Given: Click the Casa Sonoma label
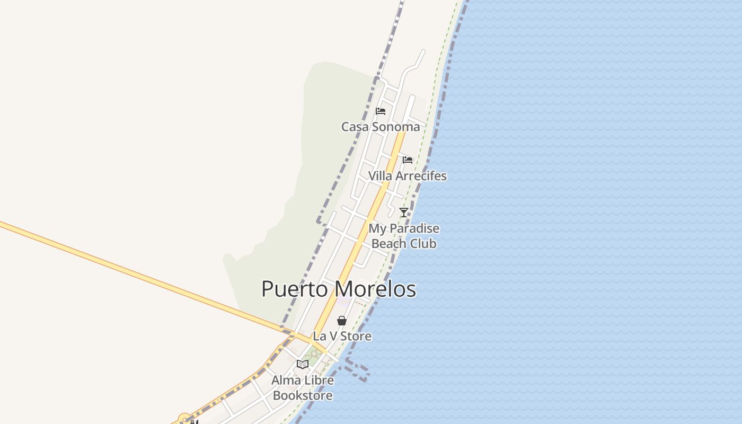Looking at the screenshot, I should (x=380, y=127).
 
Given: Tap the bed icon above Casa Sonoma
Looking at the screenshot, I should (x=381, y=111).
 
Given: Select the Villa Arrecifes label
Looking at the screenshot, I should (x=407, y=176).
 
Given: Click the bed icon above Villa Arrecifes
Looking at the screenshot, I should (x=407, y=160).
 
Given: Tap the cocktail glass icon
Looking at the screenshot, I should (x=404, y=213).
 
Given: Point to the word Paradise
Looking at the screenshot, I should (x=415, y=229).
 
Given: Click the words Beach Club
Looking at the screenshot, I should (x=404, y=244).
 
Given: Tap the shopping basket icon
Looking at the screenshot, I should (x=342, y=321).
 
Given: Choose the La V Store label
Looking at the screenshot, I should (x=342, y=336).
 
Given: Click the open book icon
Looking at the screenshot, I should (x=303, y=364).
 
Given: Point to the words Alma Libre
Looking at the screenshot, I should (x=303, y=380).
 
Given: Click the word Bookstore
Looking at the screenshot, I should (x=303, y=395).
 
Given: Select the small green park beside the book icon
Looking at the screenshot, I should (x=313, y=356).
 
